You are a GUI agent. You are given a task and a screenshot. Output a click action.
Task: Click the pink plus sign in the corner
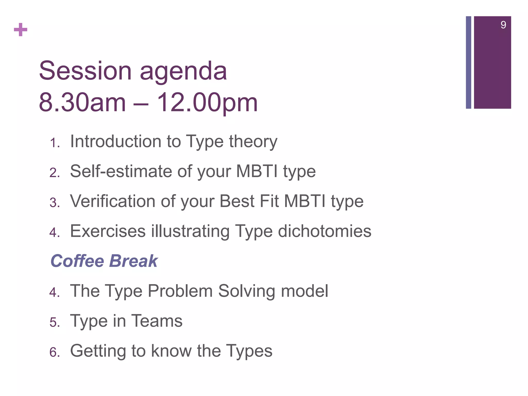pyautogui.click(x=21, y=30)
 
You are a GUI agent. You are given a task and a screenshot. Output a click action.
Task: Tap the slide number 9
pyautogui.click(x=503, y=25)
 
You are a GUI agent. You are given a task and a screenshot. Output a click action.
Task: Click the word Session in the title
pyautogui.click(x=85, y=71)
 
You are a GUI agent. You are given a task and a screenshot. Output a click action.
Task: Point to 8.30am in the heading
pyautogui.click(x=82, y=103)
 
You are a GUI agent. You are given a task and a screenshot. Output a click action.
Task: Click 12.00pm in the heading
pyautogui.click(x=207, y=103)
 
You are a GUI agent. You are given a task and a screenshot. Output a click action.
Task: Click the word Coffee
pyautogui.click(x=77, y=261)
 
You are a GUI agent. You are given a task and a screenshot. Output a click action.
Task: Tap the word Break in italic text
pyautogui.click(x=133, y=261)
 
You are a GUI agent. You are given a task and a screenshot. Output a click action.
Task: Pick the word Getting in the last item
pyautogui.click(x=98, y=351)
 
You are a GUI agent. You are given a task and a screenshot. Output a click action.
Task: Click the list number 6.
pyautogui.click(x=54, y=352)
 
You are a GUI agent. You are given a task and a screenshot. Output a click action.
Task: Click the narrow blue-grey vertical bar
pyautogui.click(x=468, y=62)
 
